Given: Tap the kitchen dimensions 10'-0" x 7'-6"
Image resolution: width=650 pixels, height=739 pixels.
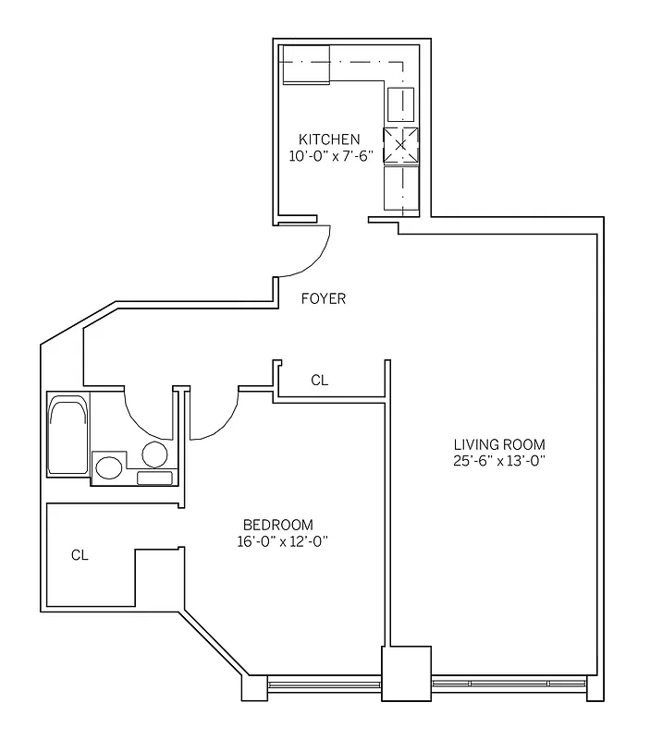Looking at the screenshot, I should point(329,155).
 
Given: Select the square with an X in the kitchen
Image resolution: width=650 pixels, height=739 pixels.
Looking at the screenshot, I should point(400,144).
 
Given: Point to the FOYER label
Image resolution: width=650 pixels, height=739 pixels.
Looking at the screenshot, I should point(324,298).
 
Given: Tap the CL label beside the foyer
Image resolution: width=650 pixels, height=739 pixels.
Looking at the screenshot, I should point(319,380).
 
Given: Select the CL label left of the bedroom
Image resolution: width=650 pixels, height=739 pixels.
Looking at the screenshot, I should point(80,555).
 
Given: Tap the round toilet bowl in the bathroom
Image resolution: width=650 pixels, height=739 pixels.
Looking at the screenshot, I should point(154,454).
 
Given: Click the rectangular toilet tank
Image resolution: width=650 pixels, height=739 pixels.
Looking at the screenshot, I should point(154,478).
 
